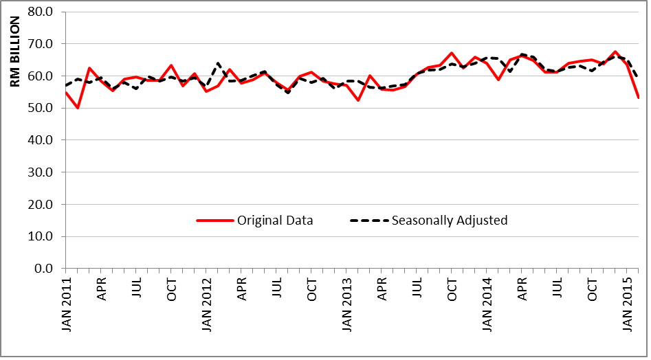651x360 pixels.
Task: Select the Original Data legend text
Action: click(x=275, y=221)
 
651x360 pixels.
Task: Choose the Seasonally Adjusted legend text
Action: click(x=450, y=221)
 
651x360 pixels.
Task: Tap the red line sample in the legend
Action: click(x=214, y=221)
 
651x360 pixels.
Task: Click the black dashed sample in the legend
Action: click(x=369, y=221)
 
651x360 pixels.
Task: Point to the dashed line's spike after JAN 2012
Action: click(x=218, y=63)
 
